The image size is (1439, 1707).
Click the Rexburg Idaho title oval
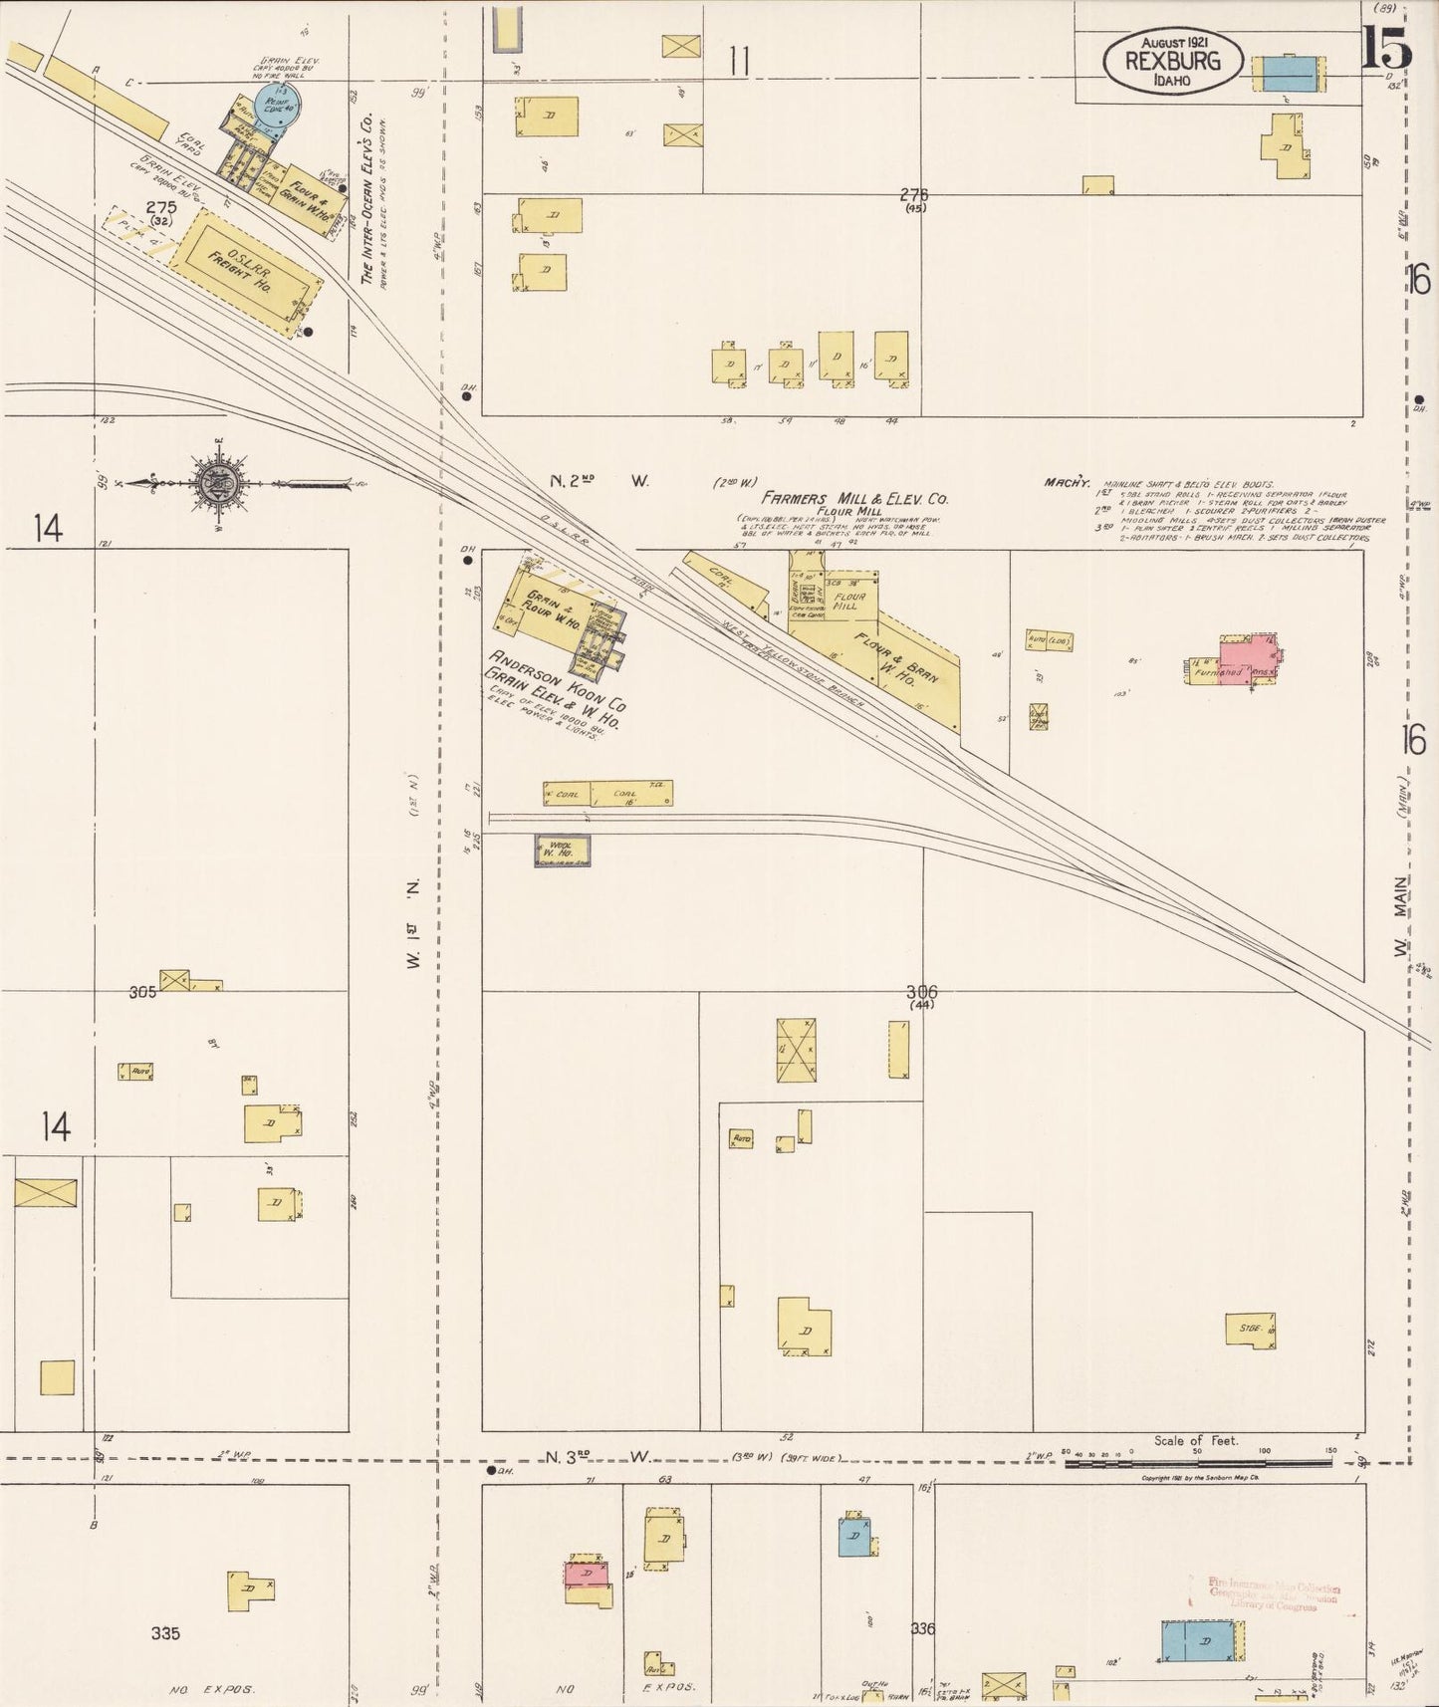click(1173, 60)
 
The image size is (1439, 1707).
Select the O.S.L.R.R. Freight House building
click(245, 271)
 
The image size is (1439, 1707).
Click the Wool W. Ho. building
click(563, 850)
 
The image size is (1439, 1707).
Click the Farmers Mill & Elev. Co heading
click(854, 497)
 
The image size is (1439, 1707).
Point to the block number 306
click(921, 992)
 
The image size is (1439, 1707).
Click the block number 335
click(165, 1632)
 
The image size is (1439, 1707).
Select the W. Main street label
click(1401, 916)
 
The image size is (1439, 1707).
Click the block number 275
click(160, 207)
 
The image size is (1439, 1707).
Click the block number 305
click(142, 992)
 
